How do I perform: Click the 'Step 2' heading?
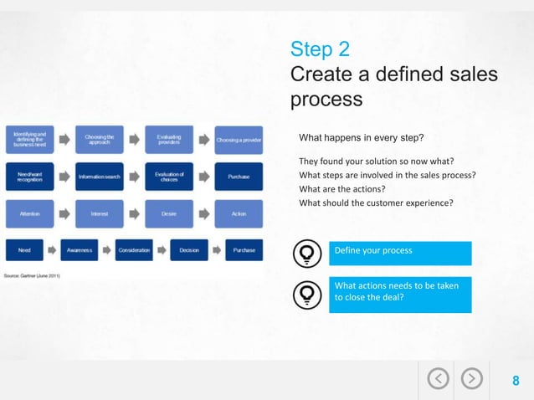click(320, 49)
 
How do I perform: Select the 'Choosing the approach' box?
click(100, 139)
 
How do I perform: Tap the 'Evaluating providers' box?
click(169, 139)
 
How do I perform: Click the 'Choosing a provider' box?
click(239, 140)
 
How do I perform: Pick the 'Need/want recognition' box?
click(29, 177)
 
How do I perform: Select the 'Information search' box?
click(100, 177)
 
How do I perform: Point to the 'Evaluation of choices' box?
click(169, 177)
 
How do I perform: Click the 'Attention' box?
click(29, 214)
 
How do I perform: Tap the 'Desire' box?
click(169, 214)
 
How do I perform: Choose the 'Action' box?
click(239, 214)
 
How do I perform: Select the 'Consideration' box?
click(134, 250)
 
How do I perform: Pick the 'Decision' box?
click(189, 250)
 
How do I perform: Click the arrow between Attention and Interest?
click(64, 214)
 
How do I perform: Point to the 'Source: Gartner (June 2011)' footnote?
click(33, 274)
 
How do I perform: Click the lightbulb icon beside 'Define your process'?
click(307, 253)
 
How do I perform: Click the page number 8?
click(516, 382)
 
